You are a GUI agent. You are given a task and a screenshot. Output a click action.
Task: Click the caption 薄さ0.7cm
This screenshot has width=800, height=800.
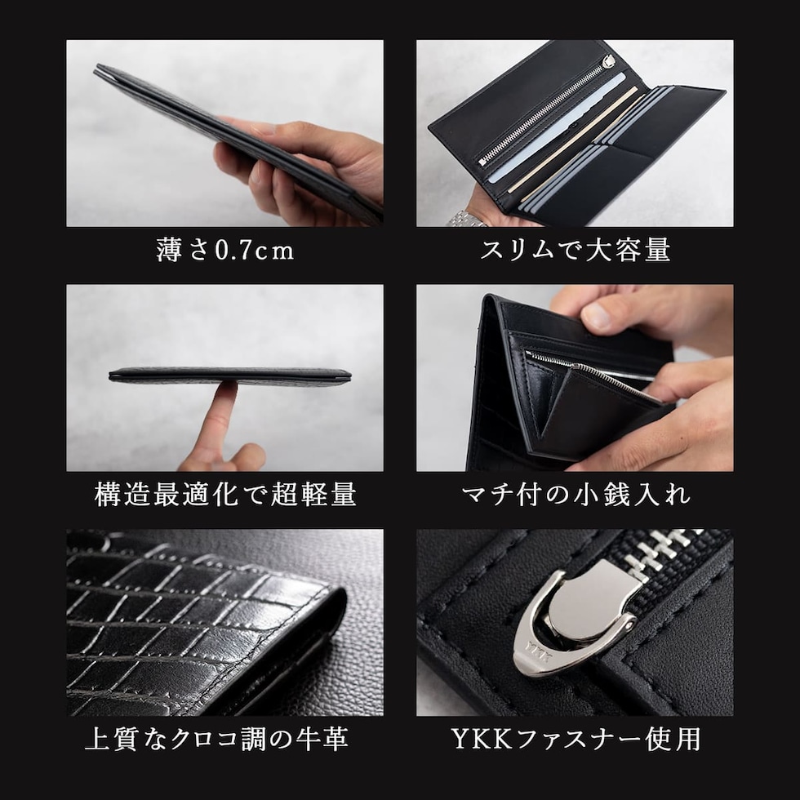(225, 251)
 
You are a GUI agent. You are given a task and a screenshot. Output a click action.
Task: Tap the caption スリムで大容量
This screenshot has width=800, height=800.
(575, 251)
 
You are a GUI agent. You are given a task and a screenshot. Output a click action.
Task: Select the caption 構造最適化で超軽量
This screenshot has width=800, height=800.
(225, 495)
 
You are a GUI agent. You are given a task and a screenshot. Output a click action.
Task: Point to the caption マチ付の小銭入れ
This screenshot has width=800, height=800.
(576, 495)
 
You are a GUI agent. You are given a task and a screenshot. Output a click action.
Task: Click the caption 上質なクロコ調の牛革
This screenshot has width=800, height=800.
(217, 740)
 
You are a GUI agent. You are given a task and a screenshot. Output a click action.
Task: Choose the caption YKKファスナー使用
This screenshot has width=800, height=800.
(576, 740)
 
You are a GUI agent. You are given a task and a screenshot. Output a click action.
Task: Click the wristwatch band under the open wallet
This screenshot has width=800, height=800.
(467, 219)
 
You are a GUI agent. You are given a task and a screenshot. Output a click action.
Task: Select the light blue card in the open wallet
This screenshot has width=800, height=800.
(556, 127)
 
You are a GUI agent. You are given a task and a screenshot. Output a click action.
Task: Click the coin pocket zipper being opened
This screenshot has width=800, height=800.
(587, 371)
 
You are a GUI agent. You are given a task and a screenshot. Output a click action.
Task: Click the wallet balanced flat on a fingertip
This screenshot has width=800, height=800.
(229, 376)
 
